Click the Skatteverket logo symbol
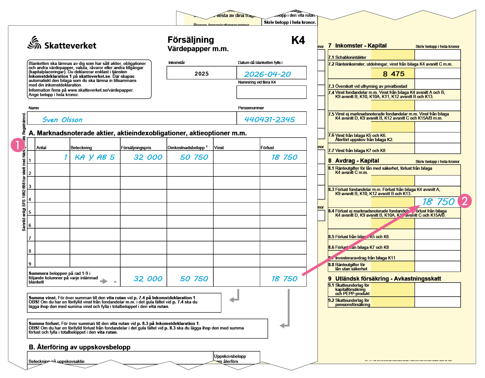(x=34, y=43)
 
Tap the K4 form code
(x=298, y=40)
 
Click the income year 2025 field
(x=201, y=74)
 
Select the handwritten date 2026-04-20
(x=268, y=74)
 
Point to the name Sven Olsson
(x=63, y=120)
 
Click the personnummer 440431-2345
(x=269, y=120)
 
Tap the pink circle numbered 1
(x=18, y=145)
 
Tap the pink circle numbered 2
(x=465, y=201)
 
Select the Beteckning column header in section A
(x=81, y=148)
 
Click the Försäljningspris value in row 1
(x=148, y=157)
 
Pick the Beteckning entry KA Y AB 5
(x=95, y=157)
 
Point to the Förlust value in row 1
(x=285, y=157)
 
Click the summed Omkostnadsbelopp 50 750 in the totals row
(x=194, y=279)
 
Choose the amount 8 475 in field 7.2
(x=394, y=74)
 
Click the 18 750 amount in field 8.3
(x=438, y=202)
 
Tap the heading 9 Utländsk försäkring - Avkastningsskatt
(x=385, y=279)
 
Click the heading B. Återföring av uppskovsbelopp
(x=80, y=347)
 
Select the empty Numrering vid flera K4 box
(x=271, y=92)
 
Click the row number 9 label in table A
(x=30, y=264)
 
